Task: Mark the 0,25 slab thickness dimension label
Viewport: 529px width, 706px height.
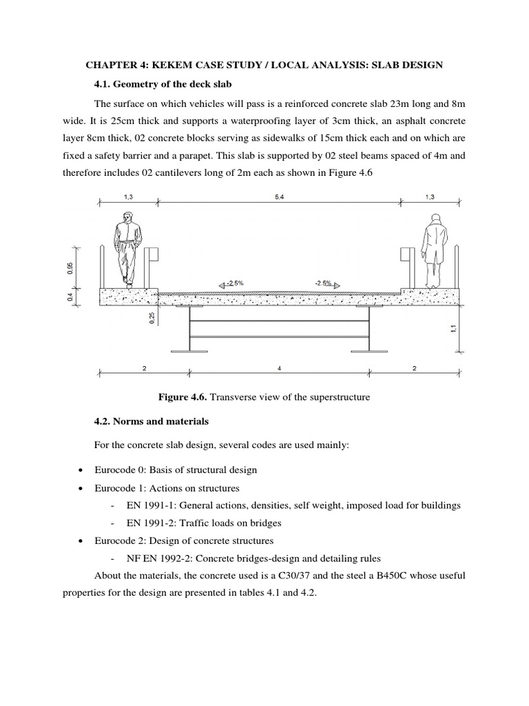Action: click(152, 318)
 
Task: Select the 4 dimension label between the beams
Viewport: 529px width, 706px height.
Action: click(280, 369)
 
